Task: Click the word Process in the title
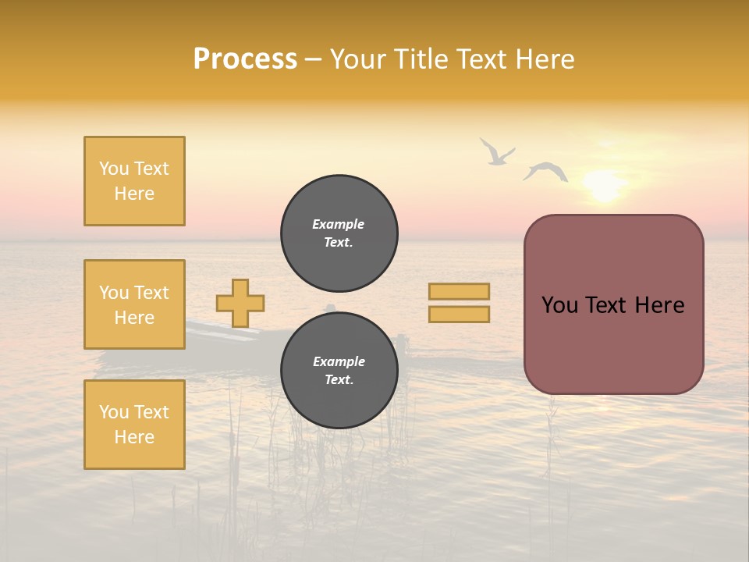[245, 59]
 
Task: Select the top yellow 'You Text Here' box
[134, 181]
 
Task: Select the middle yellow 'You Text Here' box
[134, 304]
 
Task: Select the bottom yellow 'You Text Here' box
[134, 424]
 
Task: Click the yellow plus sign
[240, 303]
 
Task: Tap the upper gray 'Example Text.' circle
[339, 233]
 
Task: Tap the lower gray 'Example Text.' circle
[339, 370]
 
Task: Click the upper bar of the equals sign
[459, 291]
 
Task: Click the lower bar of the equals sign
[459, 314]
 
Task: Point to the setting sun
[604, 186]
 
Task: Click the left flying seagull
[495, 153]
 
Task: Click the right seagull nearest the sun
[545, 171]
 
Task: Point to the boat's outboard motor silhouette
[402, 343]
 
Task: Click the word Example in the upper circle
[338, 224]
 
